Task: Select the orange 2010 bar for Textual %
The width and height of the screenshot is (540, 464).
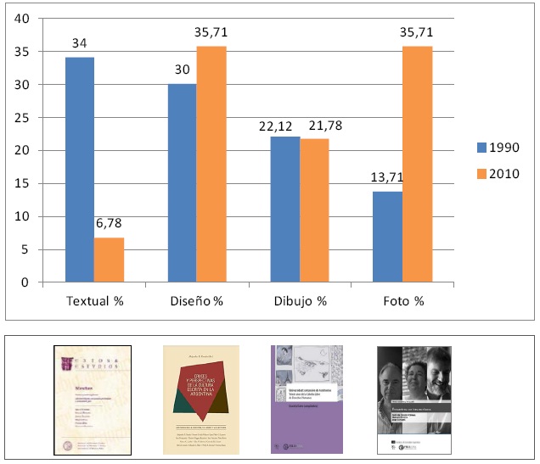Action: [x=109, y=260]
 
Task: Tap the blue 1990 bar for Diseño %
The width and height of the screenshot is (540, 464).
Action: [x=183, y=183]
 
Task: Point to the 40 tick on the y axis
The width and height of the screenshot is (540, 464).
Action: [x=24, y=19]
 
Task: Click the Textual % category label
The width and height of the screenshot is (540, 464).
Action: [x=94, y=300]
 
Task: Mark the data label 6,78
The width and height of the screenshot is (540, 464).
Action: [x=109, y=225]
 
